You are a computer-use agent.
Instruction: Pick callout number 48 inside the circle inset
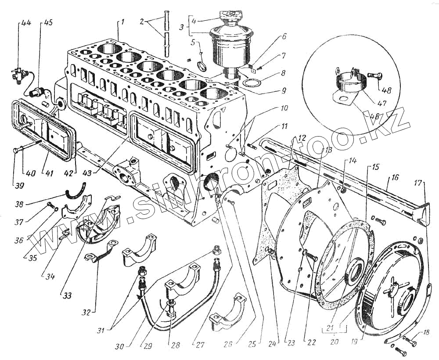point(386,91)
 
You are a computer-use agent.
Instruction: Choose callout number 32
point(86,313)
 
